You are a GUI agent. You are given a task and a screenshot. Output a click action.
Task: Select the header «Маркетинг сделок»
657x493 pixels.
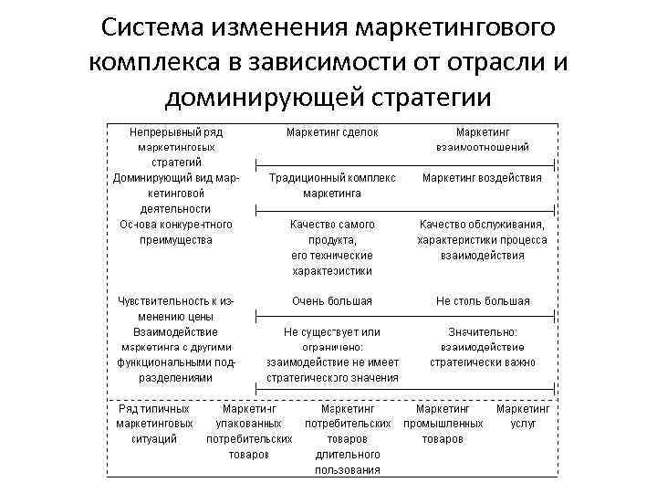coord(332,132)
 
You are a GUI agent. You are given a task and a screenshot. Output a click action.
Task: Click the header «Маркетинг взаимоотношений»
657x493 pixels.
coord(483,140)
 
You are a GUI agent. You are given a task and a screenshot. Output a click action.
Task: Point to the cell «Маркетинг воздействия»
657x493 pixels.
coord(482,178)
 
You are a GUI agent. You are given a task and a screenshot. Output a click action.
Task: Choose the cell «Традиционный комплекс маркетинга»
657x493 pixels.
coord(332,185)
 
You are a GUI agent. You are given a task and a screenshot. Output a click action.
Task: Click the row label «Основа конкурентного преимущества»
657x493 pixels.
coord(176,232)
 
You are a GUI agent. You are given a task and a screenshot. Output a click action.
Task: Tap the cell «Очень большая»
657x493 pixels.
coord(332,300)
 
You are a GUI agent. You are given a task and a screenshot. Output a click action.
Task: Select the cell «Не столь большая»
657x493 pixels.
coord(483,300)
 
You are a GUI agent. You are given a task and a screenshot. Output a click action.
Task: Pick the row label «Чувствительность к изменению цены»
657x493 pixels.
coord(176,308)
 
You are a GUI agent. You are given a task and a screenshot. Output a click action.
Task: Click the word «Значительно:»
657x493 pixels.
coord(483,332)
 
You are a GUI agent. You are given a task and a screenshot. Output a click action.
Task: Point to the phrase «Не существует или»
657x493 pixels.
coord(332,332)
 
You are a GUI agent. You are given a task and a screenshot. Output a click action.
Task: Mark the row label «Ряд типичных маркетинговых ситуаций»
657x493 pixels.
coord(154,424)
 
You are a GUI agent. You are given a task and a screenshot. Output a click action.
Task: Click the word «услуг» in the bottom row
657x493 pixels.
coord(524,424)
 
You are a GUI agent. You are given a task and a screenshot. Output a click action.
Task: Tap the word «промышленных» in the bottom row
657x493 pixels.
coord(443,424)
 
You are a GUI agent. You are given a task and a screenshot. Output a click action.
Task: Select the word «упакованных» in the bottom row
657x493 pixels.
coord(248,424)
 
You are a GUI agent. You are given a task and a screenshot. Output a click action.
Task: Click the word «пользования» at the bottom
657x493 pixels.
coord(348,470)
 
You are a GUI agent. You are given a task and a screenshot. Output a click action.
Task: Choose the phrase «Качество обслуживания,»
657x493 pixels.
coord(483,225)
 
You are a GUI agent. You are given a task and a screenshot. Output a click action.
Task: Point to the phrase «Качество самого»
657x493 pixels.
coord(332,225)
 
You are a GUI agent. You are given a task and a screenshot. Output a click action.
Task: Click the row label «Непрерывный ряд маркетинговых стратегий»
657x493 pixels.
coord(176,147)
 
